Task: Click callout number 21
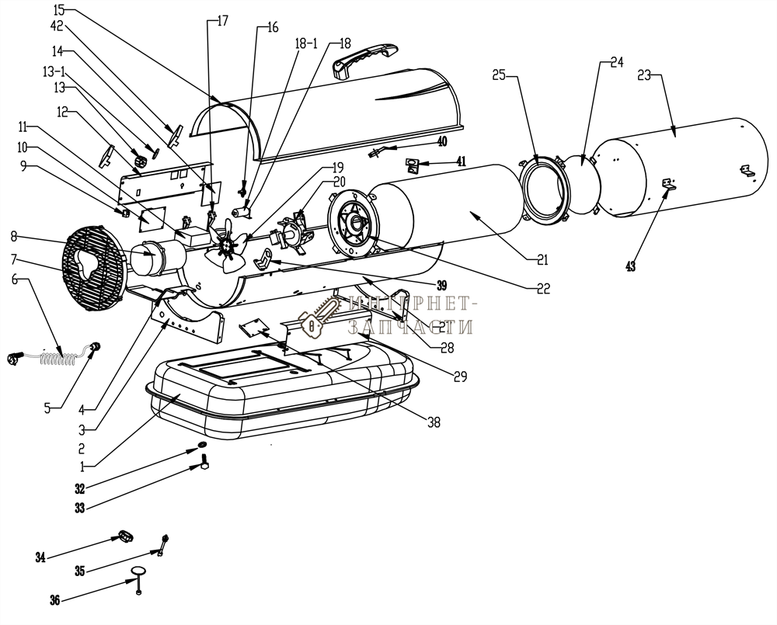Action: (542, 259)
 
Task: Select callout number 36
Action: (54, 599)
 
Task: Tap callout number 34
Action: (40, 557)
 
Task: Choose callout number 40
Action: (442, 141)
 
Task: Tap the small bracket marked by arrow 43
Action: (667, 183)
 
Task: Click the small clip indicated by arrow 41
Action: (413, 165)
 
